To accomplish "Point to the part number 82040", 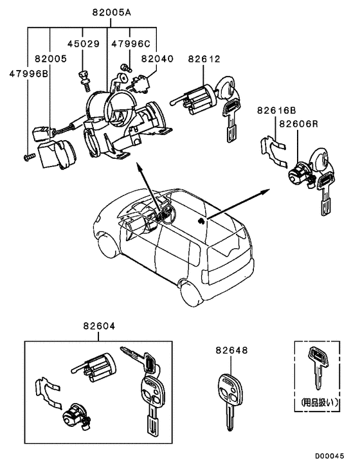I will coord(157,59).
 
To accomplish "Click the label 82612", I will coord(204,59).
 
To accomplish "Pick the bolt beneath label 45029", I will coord(84,78).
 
